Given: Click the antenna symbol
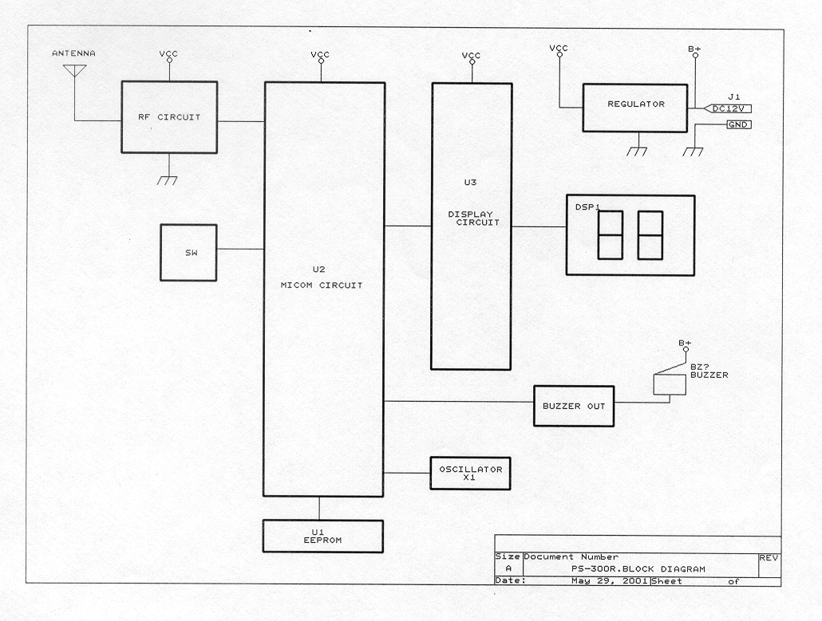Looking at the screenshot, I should (74, 70).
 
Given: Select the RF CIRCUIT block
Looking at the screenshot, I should (168, 117).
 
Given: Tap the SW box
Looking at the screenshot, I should (188, 252).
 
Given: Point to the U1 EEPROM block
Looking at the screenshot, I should (323, 535).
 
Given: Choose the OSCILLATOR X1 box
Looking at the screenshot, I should (470, 474).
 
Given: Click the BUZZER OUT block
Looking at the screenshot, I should (573, 406).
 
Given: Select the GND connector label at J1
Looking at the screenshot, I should (738, 125).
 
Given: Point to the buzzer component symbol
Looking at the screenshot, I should (669, 384).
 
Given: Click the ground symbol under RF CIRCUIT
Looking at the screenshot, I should (168, 180).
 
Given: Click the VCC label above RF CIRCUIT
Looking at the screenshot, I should (168, 54).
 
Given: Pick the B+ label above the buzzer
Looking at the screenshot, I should (685, 343).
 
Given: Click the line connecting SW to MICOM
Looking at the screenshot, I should (239, 250).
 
